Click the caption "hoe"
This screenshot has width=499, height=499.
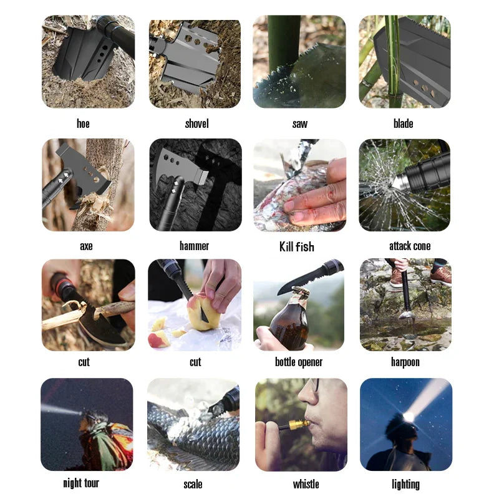point(83,124)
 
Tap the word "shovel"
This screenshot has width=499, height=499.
point(196,124)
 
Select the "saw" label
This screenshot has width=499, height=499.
point(299,124)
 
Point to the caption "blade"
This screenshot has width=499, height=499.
point(403,124)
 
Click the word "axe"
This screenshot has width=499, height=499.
point(86,246)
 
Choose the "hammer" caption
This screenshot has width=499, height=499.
point(194,246)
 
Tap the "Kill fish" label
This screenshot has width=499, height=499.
point(296,246)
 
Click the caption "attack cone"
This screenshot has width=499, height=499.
point(410,246)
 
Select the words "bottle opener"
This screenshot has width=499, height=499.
point(299,362)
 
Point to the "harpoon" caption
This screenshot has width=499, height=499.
point(405,362)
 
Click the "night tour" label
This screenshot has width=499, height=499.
point(81,483)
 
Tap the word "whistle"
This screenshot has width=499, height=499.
point(306,484)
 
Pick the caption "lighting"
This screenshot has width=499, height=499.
point(405,484)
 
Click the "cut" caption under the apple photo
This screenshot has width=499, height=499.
point(195,362)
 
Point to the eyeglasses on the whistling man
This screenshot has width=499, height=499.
point(316,385)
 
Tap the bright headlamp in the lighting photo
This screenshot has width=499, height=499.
point(410,416)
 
